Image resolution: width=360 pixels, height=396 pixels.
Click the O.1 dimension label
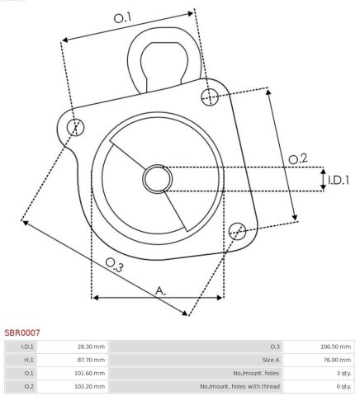tap(123, 18)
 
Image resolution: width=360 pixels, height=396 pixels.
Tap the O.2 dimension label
tap(298, 159)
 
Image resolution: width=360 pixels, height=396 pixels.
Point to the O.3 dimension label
tap(115, 265)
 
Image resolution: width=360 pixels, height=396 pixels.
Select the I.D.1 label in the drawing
tap(339, 181)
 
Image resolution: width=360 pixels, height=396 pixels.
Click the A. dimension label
tap(160, 290)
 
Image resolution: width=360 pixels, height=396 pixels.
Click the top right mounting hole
tap(210, 97)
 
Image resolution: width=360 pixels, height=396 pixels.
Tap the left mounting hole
tap(75, 127)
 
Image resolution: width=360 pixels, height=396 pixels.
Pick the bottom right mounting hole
tap(237, 231)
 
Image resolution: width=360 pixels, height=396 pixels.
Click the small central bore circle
tap(158, 179)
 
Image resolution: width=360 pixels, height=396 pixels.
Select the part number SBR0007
tap(22, 332)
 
